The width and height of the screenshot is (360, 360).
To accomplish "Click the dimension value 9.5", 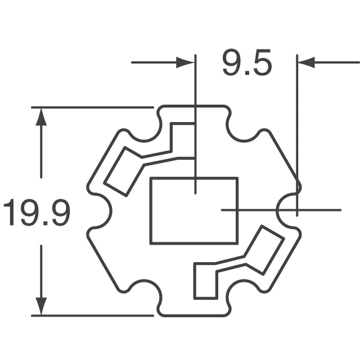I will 246,63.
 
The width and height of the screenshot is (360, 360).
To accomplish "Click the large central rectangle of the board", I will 193,210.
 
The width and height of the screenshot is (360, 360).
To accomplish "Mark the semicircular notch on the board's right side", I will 288,210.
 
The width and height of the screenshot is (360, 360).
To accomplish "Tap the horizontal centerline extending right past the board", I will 321,210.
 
